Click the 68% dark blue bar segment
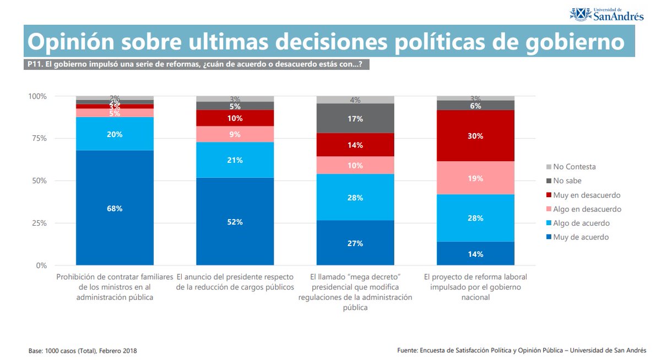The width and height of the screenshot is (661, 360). point(115,208)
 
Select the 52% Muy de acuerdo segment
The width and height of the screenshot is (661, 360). point(235,222)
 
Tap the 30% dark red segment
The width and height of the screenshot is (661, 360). point(475,136)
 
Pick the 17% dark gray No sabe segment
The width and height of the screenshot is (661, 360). point(355,118)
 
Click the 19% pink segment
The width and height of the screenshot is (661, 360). point(475,178)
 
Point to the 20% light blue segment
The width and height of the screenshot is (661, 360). point(115,134)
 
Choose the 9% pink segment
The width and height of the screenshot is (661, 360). point(235,134)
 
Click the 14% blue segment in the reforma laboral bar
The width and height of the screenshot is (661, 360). point(475,254)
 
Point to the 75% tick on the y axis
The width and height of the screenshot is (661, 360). point(38,139)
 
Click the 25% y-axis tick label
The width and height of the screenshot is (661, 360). point(38,223)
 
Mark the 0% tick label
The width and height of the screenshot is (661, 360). point(41,265)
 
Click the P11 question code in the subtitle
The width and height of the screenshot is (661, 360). point(34,64)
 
